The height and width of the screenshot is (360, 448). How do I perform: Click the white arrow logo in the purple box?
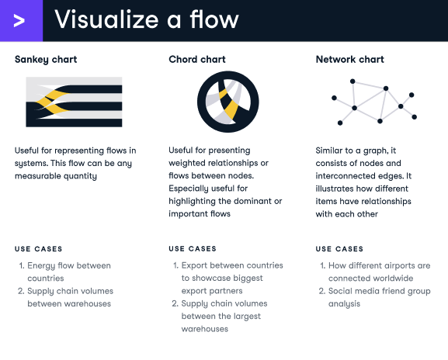20,20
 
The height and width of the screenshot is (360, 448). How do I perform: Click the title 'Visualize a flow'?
146,20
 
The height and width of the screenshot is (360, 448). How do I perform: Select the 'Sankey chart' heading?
46,60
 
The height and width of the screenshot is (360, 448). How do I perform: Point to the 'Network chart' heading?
349,60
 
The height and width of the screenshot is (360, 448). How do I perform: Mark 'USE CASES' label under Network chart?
339,249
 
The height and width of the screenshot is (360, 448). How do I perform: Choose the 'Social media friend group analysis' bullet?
380,297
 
